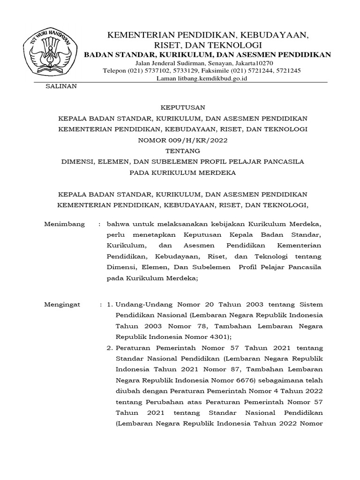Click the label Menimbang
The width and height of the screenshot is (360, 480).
(64, 224)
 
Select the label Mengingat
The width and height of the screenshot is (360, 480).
(62, 304)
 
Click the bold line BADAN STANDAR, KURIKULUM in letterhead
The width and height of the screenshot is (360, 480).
(207, 54)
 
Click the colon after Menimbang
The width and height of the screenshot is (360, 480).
(100, 224)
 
